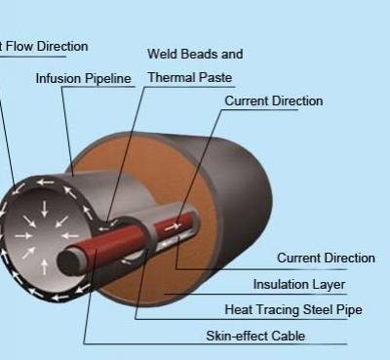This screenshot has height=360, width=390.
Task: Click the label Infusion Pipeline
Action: pyautogui.click(x=84, y=78)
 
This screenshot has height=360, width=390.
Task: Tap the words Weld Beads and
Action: pyautogui.click(x=195, y=54)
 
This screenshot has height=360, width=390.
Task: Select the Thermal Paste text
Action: pyautogui.click(x=189, y=77)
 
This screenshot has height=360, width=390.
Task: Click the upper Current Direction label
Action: pyautogui.click(x=273, y=101)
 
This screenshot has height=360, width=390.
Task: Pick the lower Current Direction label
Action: pyautogui.click(x=326, y=259)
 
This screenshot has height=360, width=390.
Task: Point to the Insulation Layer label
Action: pyautogui.click(x=299, y=285)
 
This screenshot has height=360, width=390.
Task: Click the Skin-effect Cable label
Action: pyautogui.click(x=255, y=337)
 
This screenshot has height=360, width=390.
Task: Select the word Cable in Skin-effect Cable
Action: pyautogui.click(x=288, y=337)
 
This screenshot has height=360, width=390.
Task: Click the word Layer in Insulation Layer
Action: pyautogui.click(x=328, y=285)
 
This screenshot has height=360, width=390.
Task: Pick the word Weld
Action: pyautogui.click(x=161, y=54)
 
